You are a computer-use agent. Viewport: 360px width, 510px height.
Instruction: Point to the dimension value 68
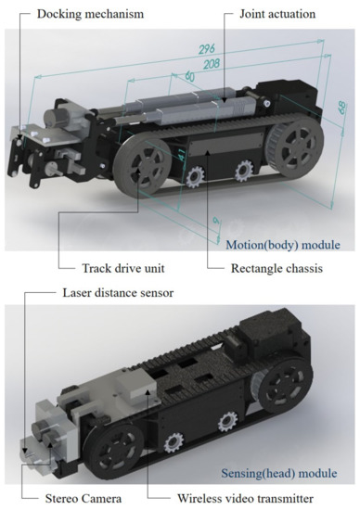(x=341, y=109)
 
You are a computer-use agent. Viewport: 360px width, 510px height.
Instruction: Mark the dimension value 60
(x=191, y=76)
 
